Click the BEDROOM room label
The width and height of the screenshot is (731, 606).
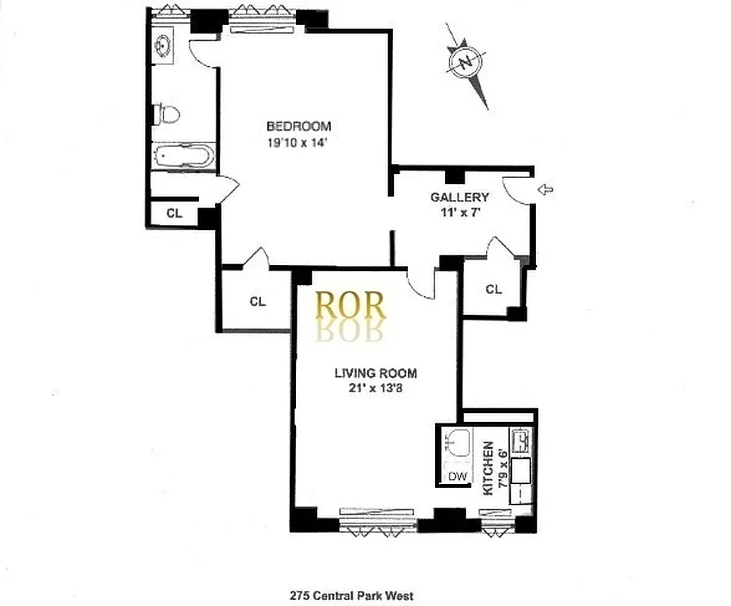[298, 126]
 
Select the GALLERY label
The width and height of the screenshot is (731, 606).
[454, 198]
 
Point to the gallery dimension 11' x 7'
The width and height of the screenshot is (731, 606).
[456, 213]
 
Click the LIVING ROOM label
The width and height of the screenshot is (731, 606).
[376, 373]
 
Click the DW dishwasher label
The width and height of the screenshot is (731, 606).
[456, 476]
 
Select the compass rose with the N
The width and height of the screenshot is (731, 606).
[465, 63]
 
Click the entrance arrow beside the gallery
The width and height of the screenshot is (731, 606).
[544, 189]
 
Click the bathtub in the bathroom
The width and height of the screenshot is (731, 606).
[183, 158]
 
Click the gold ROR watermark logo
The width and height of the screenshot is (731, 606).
[350, 305]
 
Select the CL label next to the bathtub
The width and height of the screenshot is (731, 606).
[174, 213]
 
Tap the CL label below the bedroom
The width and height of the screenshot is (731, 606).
[257, 301]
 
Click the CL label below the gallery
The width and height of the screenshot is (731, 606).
[493, 289]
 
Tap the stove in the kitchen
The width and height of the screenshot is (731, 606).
[522, 440]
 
